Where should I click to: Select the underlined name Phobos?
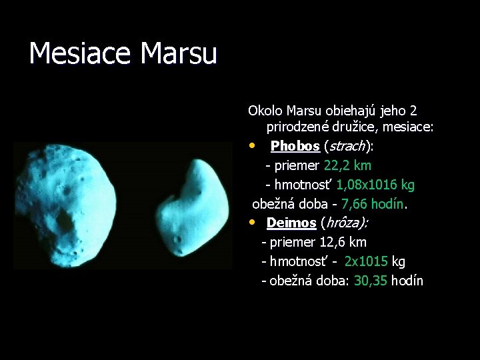295,146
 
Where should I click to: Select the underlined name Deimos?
291,223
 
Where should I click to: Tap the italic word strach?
347,146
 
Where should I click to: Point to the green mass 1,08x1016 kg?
375,185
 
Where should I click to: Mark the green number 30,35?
371,281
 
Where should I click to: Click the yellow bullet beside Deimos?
253,222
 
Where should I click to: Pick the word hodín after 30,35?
407,281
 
